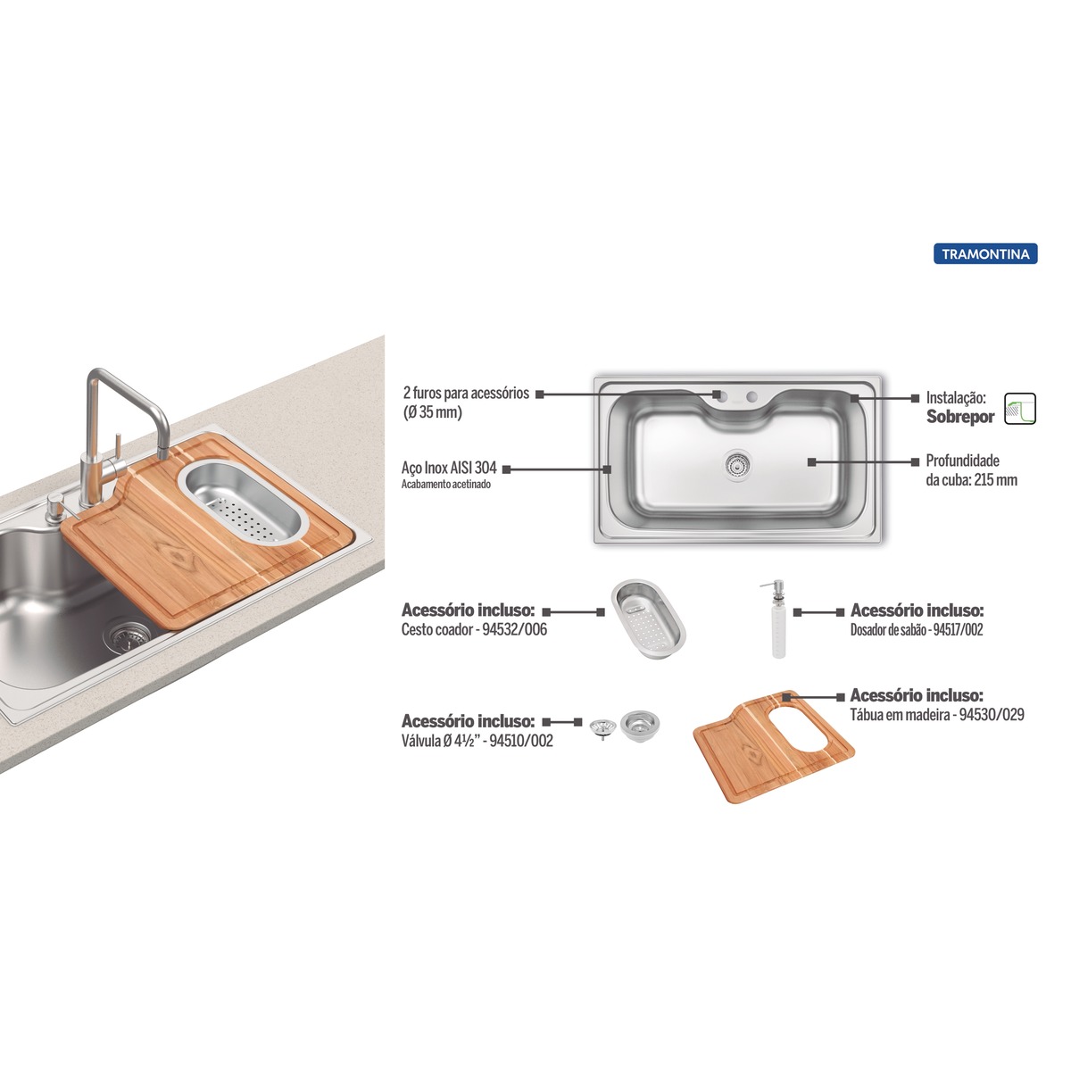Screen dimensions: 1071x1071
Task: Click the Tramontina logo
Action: click(984, 254)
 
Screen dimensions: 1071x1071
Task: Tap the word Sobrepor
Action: click(959, 417)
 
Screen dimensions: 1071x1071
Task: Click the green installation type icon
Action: click(1020, 409)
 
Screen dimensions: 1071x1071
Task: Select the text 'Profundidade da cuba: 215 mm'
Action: click(971, 470)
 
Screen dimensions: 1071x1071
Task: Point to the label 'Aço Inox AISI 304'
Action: click(449, 468)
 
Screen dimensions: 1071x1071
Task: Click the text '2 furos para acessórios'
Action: click(466, 393)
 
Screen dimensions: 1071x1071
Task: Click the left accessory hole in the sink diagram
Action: click(720, 397)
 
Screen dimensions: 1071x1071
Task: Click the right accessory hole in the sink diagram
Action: click(752, 397)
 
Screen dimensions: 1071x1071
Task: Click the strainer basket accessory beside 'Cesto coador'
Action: click(649, 619)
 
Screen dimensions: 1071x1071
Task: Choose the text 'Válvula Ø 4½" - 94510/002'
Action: click(477, 741)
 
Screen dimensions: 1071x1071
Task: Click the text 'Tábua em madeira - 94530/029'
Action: click(937, 714)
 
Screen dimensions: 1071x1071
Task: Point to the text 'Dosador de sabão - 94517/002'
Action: click(917, 630)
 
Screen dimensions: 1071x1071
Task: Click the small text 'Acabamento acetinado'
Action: click(446, 484)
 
